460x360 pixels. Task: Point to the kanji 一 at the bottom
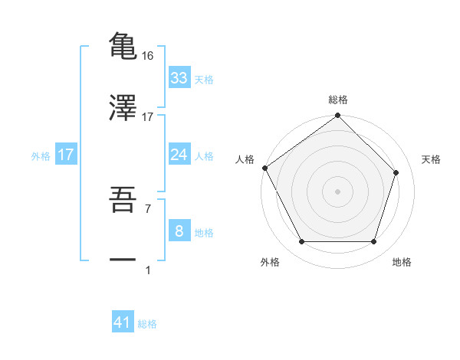123,260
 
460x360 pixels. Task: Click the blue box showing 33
179,78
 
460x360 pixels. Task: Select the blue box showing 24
179,155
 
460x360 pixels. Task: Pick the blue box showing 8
179,231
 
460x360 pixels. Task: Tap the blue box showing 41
123,323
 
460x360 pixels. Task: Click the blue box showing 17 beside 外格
66,155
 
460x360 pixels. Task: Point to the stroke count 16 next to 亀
148,56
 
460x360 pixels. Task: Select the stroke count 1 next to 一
147,270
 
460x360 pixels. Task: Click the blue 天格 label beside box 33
204,80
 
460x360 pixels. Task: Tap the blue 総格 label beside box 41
147,325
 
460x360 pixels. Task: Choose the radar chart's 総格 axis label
338,100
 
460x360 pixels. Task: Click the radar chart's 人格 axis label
245,159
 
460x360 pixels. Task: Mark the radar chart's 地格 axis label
402,263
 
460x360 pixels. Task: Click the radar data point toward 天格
396,172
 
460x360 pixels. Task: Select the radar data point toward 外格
301,242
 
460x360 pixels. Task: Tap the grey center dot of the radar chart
338,191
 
